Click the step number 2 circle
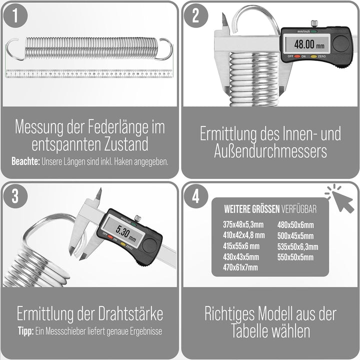point(196,16)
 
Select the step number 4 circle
point(196,196)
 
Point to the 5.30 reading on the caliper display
point(123,231)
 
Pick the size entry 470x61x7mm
point(240,267)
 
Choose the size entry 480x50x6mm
point(295,224)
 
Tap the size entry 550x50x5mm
point(295,257)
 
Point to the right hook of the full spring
point(164,49)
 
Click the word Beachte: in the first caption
point(25,162)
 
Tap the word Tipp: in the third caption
point(24,331)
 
